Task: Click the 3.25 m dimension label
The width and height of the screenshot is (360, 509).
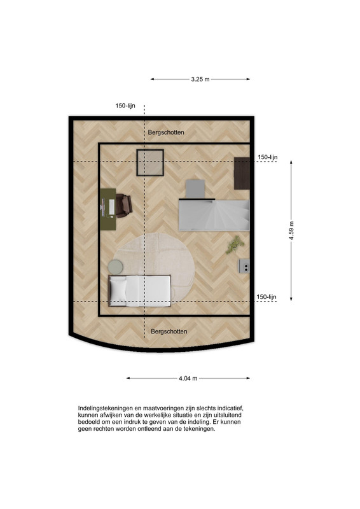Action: (200, 79)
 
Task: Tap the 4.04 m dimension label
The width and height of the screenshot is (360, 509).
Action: (188, 378)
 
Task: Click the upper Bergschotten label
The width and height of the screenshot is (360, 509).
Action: (166, 132)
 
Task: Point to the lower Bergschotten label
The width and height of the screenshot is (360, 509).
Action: (169, 331)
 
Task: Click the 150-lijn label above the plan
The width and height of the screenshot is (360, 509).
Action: (125, 106)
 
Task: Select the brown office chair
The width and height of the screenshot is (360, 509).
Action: (123, 206)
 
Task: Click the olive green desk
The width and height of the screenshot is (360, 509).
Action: (107, 209)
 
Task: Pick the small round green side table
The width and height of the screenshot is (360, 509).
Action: (115, 267)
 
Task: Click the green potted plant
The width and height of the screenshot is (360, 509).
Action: (235, 244)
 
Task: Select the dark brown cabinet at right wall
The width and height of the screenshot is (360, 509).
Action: (242, 173)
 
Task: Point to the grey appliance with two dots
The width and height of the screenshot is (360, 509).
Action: (244, 266)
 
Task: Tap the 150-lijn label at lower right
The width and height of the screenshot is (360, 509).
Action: (267, 297)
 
